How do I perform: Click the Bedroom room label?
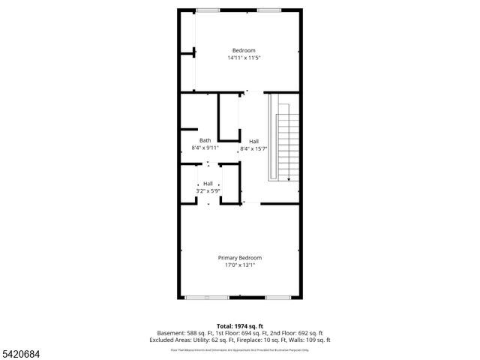point(238,50)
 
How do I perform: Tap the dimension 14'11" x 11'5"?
point(244,58)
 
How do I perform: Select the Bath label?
point(205,140)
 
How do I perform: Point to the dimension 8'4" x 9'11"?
point(205,148)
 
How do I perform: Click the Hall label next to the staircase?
point(254,141)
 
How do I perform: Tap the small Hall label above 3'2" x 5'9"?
point(208,184)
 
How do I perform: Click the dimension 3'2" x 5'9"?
point(208,191)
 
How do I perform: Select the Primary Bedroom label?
point(240,258)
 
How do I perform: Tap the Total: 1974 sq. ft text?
point(240,326)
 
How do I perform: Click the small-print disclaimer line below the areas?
point(240,349)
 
